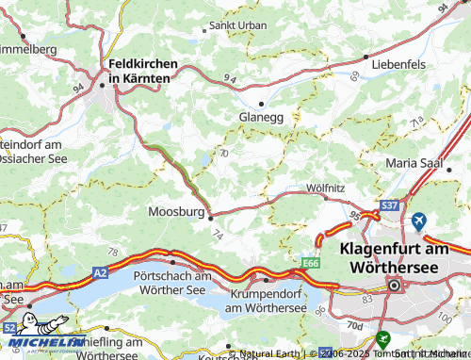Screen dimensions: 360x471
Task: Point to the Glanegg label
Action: (262, 117)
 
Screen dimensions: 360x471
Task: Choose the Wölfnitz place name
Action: (324, 188)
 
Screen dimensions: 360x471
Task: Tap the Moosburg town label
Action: (177, 212)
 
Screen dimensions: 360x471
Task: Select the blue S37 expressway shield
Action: (389, 205)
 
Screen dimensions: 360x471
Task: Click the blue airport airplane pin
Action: (419, 221)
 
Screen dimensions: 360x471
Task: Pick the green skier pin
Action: (382, 336)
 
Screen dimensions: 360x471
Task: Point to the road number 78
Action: (113, 252)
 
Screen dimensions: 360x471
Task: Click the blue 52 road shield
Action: (9, 327)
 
